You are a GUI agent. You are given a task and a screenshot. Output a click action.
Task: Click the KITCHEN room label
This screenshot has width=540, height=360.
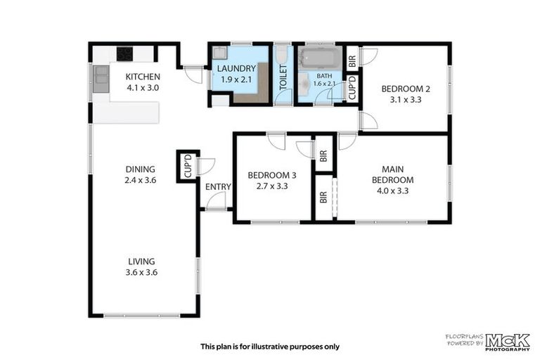(x=143, y=77)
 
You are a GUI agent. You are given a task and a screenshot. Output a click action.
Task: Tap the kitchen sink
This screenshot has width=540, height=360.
(x=101, y=79)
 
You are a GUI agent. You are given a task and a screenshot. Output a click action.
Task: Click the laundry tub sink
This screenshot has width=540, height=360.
(x=219, y=53)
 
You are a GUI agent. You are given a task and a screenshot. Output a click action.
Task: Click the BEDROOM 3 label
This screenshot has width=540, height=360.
(x=271, y=175)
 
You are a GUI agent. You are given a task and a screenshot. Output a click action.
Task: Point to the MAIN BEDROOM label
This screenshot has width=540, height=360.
(x=392, y=174)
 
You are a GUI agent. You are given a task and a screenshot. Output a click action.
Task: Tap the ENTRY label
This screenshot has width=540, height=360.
(x=218, y=186)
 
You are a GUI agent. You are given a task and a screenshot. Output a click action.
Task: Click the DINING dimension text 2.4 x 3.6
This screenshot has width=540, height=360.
(x=140, y=180)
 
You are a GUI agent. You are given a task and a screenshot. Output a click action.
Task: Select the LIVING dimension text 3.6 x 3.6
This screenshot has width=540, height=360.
(x=141, y=272)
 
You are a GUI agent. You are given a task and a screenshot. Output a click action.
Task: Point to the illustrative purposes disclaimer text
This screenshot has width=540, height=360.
(x=269, y=346)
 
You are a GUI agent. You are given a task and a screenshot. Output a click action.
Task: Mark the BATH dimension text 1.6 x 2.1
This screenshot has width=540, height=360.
(x=324, y=84)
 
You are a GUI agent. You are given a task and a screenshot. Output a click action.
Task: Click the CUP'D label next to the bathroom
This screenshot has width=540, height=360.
(x=352, y=88)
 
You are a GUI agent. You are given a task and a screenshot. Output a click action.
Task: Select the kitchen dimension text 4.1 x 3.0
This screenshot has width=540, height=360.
(x=143, y=88)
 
